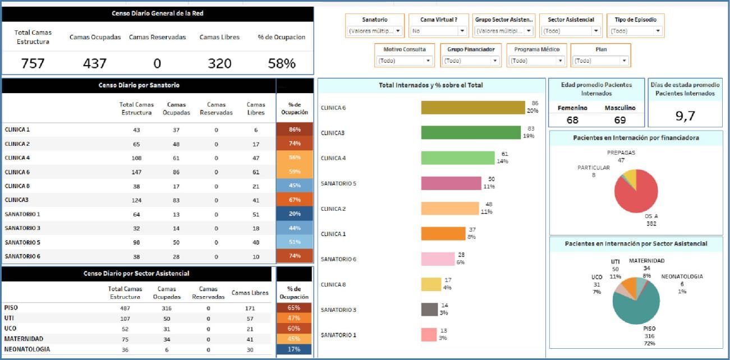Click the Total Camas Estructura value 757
point(33,63)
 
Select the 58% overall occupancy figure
point(282,63)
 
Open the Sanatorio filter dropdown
point(375,31)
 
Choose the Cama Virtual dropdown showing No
point(438,31)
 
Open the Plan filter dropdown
point(600,61)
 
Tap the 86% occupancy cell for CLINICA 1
point(295,130)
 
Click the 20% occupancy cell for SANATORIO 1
point(295,214)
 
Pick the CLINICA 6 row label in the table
point(17,172)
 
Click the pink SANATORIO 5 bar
point(451,183)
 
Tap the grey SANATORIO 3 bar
point(429,310)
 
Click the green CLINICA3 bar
point(471,133)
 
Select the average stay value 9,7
point(685,116)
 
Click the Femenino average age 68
point(572,120)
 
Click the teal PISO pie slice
point(634,306)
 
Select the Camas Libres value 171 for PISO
point(250,308)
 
